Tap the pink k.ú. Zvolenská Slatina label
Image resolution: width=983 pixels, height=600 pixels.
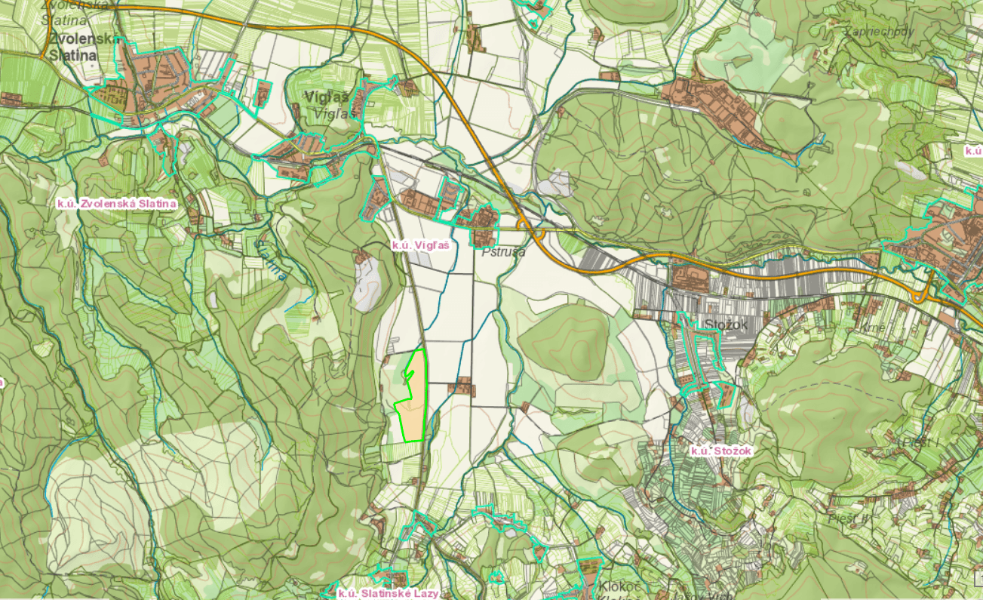tap(117, 204)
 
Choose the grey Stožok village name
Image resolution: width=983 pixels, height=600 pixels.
tap(725, 325)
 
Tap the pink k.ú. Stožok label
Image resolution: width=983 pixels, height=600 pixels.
tap(722, 451)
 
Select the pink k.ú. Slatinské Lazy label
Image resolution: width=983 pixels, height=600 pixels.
tap(388, 593)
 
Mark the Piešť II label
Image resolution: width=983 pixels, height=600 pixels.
tap(849, 518)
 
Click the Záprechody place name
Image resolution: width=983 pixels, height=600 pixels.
tap(880, 32)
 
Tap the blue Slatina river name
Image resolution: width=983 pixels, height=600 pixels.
tap(272, 260)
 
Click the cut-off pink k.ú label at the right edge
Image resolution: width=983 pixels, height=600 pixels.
tap(973, 150)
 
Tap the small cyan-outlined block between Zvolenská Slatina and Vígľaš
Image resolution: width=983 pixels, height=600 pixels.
tap(263, 94)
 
